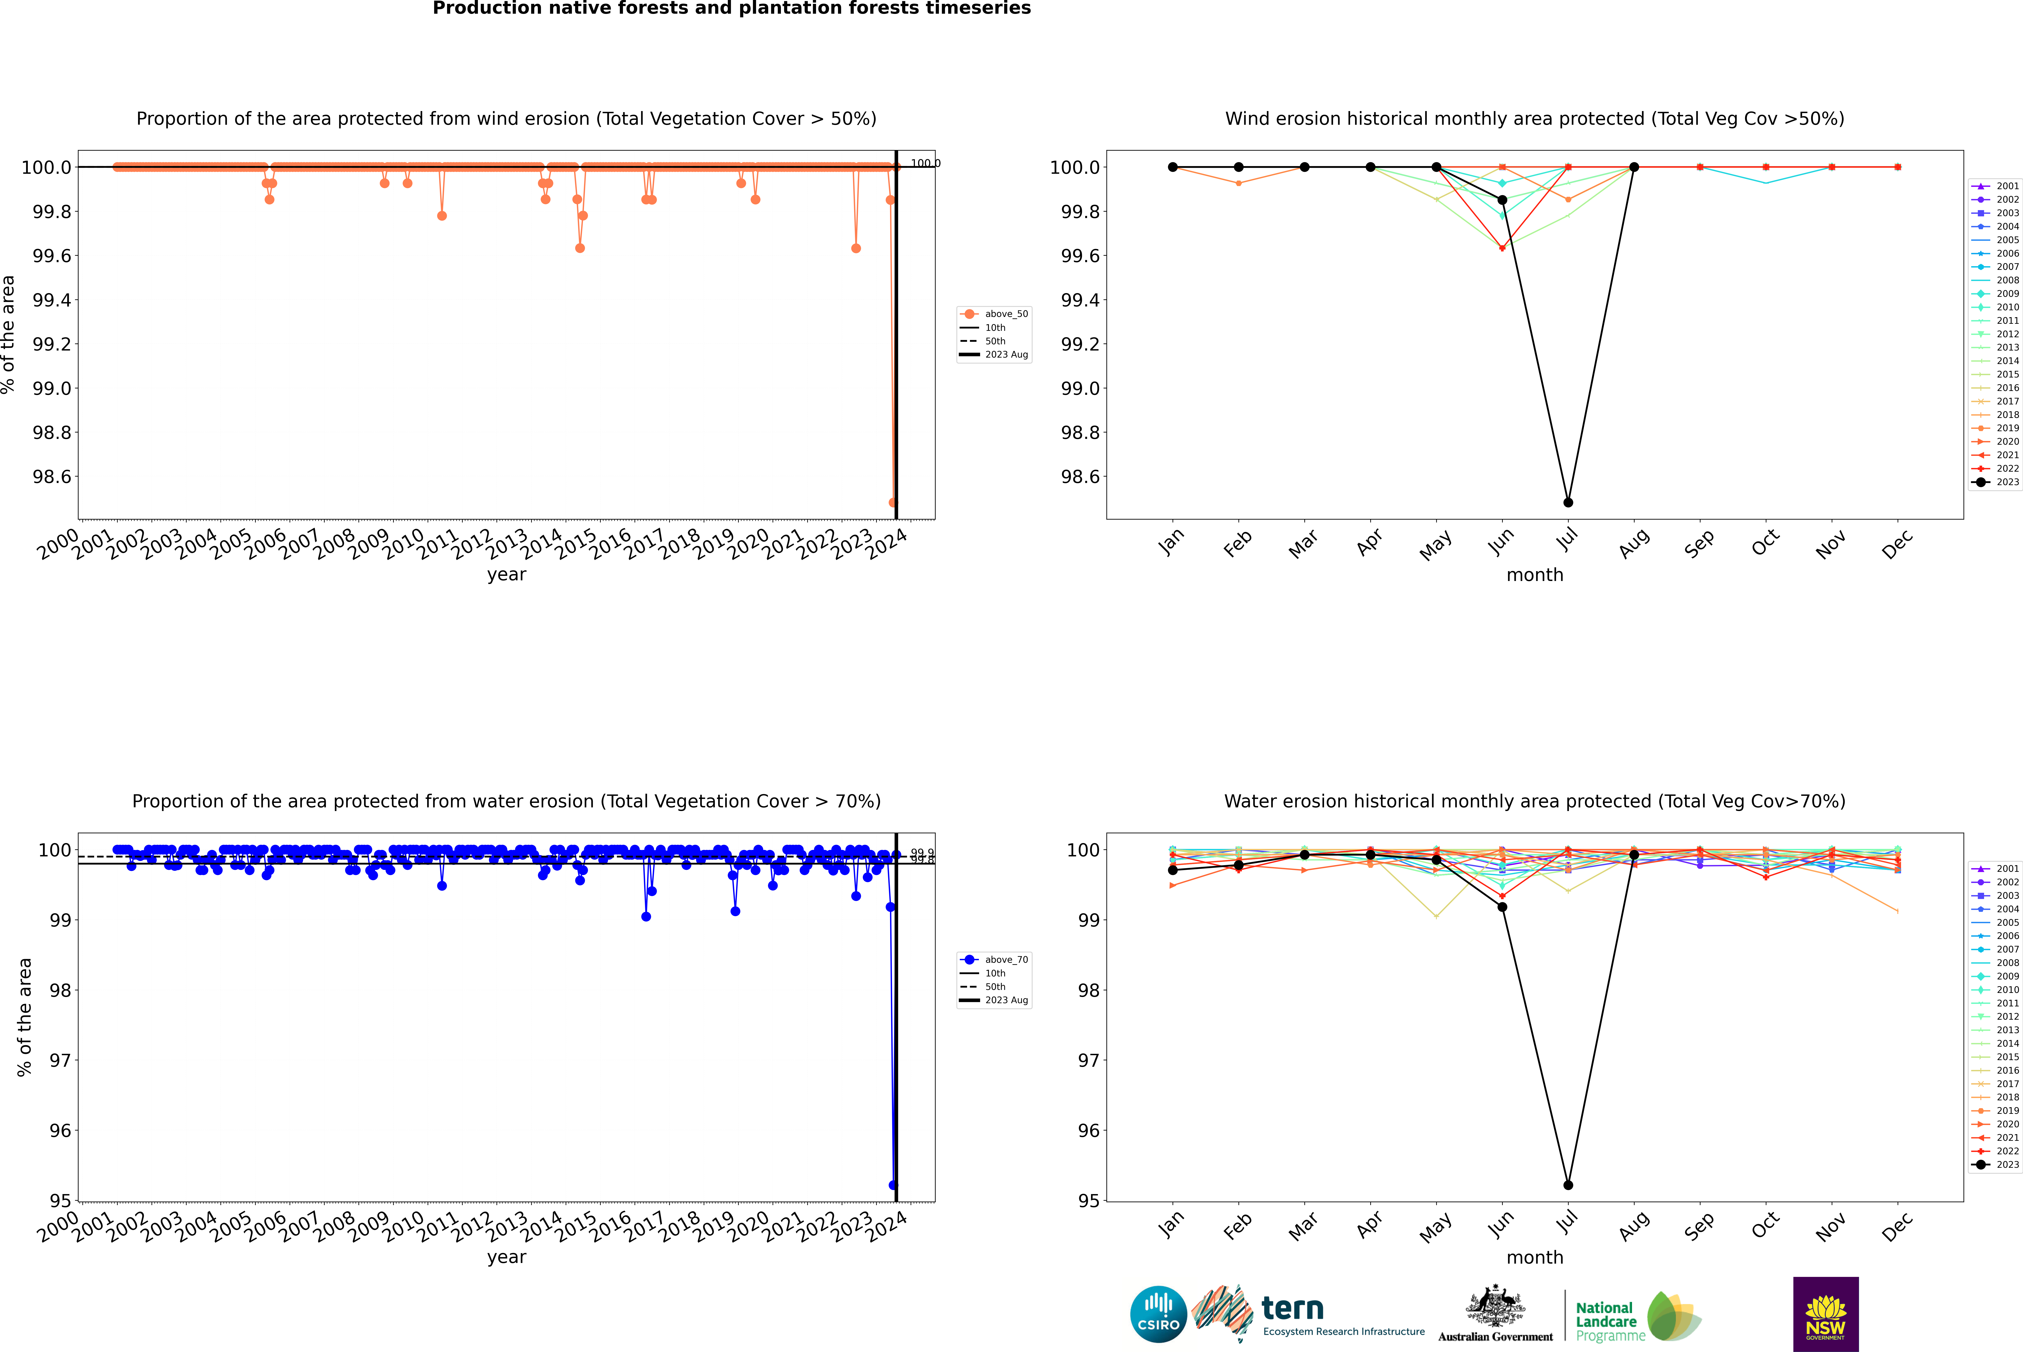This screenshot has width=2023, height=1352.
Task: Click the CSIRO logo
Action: tap(1158, 1314)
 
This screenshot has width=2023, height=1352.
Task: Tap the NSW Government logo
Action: tap(1825, 1314)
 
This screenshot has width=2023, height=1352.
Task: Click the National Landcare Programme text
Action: tap(1606, 1321)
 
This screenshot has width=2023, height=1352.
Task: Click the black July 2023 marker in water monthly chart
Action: tap(1568, 1185)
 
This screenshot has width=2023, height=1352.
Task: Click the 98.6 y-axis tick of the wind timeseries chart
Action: tap(52, 477)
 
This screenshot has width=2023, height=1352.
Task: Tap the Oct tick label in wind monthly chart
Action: tap(1764, 543)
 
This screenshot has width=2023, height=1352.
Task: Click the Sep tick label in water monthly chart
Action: tap(1699, 1226)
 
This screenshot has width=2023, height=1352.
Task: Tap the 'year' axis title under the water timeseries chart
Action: tap(506, 1257)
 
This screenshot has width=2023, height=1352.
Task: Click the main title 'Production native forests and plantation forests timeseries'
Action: tap(731, 9)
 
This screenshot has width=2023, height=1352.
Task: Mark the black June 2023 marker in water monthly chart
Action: tap(1502, 907)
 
